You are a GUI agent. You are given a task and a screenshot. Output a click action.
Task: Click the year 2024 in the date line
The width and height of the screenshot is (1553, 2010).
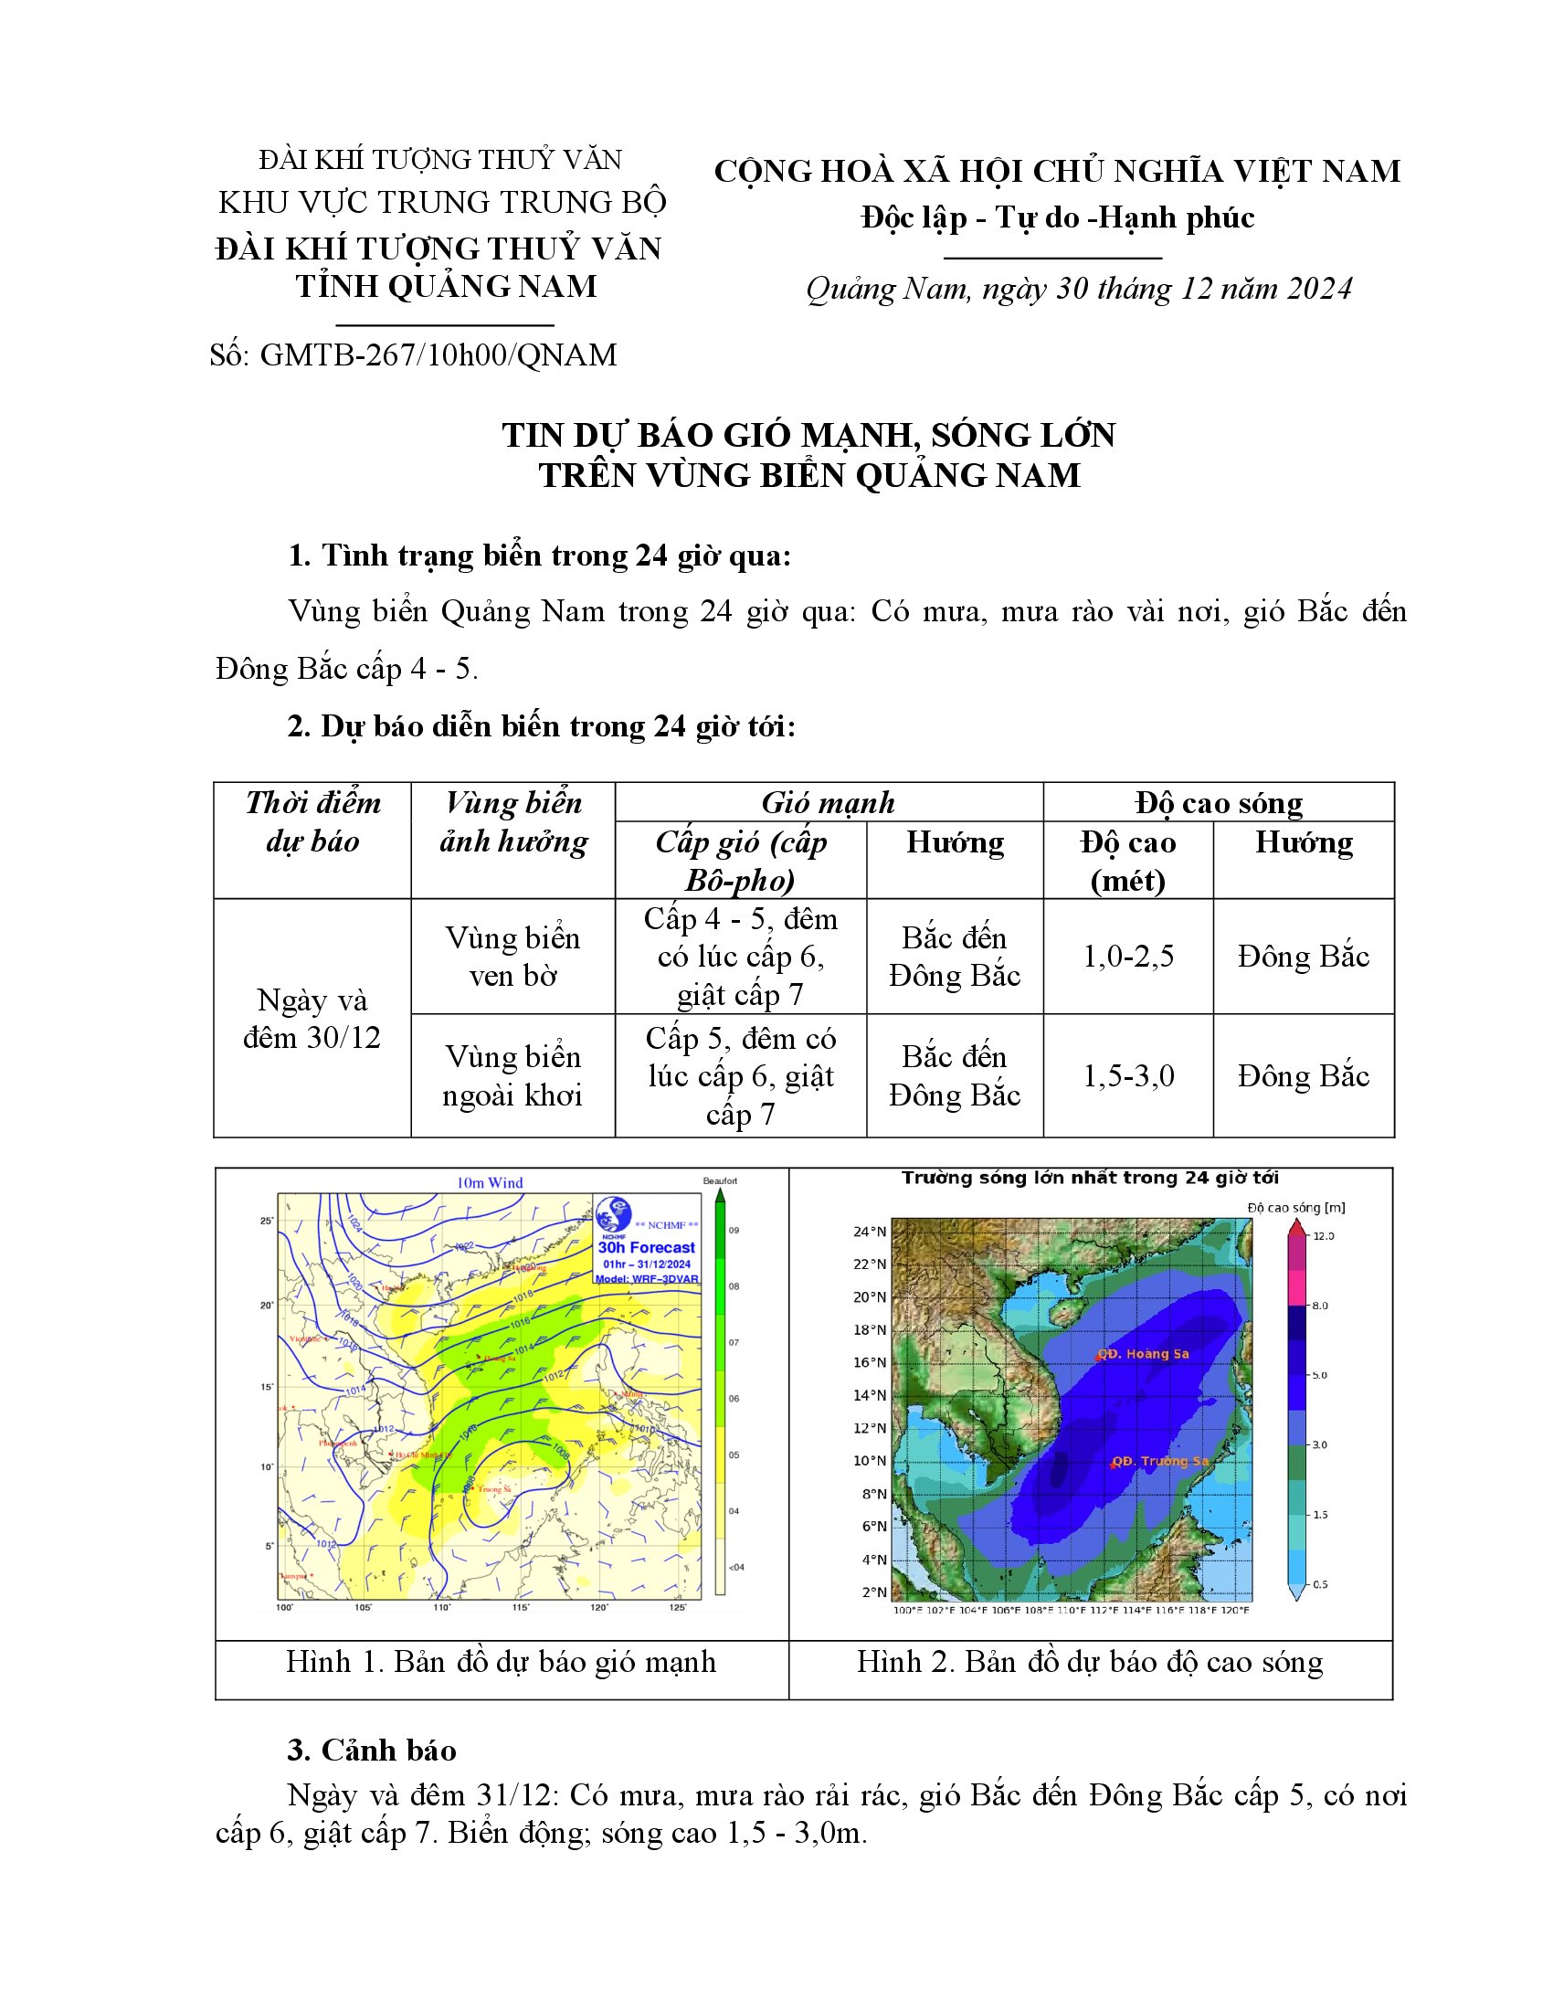(x=1319, y=289)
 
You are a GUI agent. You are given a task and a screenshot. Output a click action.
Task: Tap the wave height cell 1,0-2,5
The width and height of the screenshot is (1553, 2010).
(x=1128, y=957)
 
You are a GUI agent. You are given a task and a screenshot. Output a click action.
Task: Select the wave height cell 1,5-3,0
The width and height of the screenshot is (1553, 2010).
(x=1128, y=1076)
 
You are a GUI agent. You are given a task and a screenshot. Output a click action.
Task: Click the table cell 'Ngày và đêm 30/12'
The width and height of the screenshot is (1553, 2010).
(x=312, y=1019)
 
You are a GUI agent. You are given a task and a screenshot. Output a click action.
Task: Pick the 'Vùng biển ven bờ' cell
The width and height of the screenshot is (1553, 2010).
(x=512, y=957)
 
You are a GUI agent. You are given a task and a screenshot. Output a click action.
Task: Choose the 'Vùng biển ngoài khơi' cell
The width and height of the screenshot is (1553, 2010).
(x=512, y=1076)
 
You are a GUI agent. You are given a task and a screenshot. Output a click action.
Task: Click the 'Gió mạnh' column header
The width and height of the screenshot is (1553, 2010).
(x=828, y=802)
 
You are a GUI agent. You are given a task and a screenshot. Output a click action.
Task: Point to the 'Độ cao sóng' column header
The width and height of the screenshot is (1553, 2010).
(x=1218, y=802)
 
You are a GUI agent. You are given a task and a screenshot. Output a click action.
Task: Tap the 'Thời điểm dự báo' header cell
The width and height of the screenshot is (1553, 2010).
(x=312, y=822)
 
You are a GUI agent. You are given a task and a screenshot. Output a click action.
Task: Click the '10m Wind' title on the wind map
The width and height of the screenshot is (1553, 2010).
(x=490, y=1182)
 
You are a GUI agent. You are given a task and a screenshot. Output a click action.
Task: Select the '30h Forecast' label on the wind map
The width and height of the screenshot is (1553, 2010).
(x=646, y=1247)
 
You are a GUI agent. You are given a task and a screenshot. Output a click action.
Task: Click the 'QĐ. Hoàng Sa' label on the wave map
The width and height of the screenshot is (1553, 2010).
(x=1144, y=1354)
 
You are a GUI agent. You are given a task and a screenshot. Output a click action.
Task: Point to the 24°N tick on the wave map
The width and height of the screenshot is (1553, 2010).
(x=870, y=1232)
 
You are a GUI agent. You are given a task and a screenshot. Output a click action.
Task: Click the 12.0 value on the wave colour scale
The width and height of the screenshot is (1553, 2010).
(x=1323, y=1236)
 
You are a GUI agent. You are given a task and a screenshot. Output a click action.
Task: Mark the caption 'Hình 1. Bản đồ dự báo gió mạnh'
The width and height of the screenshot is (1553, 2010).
(x=501, y=1661)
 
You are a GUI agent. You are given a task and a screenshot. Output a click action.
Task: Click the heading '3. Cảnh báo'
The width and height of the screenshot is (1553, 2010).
(x=372, y=1750)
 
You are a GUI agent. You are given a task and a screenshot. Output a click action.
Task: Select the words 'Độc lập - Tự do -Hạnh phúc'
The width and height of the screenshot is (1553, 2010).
(x=1057, y=218)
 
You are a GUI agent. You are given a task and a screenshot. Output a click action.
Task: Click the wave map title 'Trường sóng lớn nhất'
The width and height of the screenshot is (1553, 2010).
(x=1089, y=1178)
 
